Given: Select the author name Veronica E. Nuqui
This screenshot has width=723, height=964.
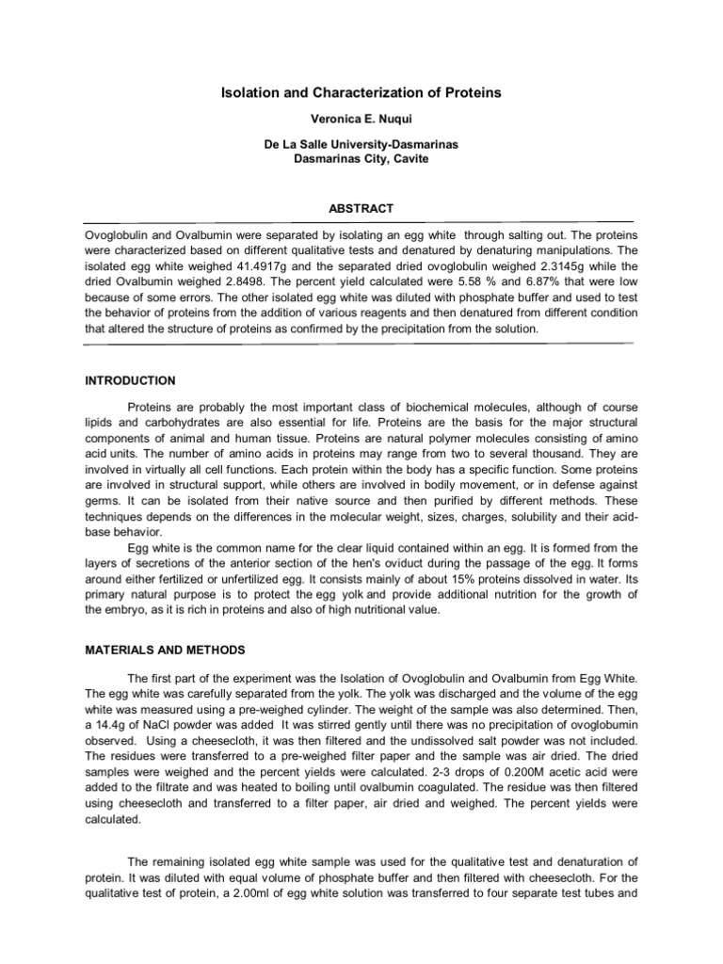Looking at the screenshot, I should pyautogui.click(x=361, y=123).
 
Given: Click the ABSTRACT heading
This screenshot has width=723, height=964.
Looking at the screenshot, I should pyautogui.click(x=361, y=208).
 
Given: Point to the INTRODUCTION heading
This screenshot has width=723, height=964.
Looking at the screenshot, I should pyautogui.click(x=129, y=380).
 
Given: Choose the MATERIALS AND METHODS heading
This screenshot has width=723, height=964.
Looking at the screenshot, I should pyautogui.click(x=164, y=650).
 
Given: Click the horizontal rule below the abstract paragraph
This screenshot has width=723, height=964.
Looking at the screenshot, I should pyautogui.click(x=361, y=344).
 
